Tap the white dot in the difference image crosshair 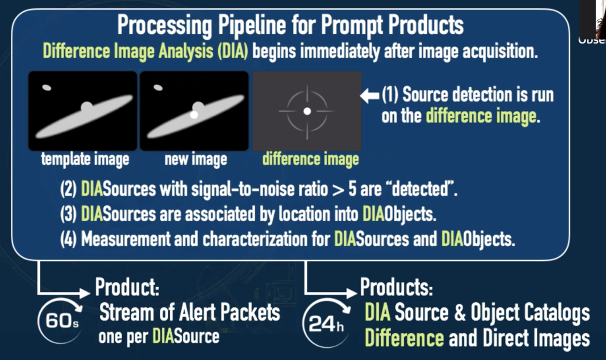(x=307, y=111)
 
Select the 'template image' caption (x=85, y=159)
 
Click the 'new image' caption (x=195, y=159)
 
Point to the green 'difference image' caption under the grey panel (x=310, y=159)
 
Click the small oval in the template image (x=47, y=87)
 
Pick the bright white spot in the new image (x=194, y=115)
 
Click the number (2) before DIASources (x=68, y=189)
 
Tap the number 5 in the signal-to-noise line (x=352, y=189)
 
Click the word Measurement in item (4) (x=126, y=239)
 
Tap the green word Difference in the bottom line (x=404, y=339)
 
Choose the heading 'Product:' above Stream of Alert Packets (x=127, y=287)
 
